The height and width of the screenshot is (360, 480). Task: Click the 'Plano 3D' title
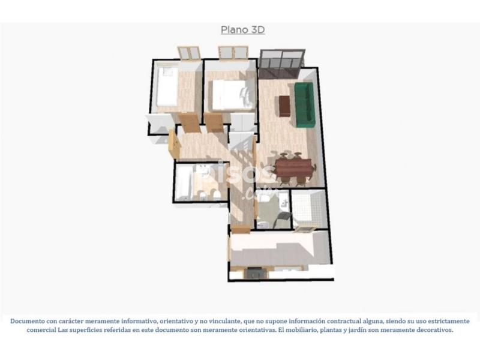point(243,29)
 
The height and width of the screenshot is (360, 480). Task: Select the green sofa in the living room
point(304,104)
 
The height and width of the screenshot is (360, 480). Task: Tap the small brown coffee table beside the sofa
point(284,106)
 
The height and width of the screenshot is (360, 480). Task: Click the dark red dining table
point(293,168)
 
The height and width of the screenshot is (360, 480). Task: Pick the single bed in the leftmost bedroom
point(167,86)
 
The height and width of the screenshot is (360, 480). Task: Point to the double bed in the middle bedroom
point(232,95)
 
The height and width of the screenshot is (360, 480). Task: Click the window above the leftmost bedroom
point(190,53)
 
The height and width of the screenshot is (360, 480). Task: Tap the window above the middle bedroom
point(233,52)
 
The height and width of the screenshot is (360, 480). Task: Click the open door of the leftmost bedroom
point(189,122)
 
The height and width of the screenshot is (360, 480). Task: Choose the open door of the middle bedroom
point(214,122)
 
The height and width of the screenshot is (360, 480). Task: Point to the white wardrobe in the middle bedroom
point(242,122)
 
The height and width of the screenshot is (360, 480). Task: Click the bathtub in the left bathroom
point(184,184)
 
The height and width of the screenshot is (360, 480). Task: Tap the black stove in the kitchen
point(254,273)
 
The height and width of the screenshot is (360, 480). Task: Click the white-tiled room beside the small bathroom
point(308,209)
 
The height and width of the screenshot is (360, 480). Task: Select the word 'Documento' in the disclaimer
point(27,321)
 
